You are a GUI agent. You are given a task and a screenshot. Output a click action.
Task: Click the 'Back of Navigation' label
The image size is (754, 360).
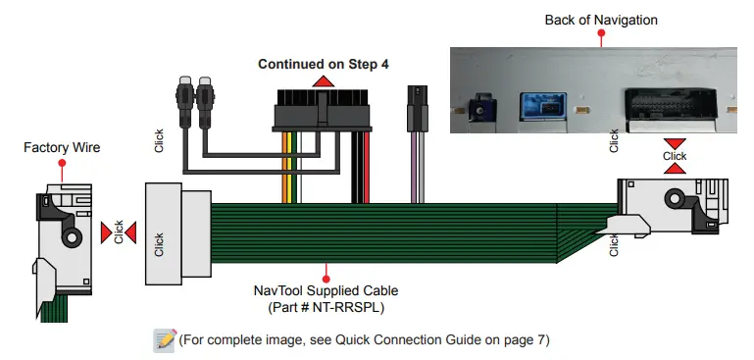point(601,20)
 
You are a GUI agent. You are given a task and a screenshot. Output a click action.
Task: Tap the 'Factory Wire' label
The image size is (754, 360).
point(60,149)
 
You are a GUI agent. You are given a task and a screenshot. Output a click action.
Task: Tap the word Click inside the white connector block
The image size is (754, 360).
point(160,245)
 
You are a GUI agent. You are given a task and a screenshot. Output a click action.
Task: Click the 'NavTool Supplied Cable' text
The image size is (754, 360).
point(325,291)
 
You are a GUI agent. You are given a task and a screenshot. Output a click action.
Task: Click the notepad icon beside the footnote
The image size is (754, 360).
point(164,340)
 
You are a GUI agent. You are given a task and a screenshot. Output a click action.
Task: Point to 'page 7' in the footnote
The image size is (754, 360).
point(526,340)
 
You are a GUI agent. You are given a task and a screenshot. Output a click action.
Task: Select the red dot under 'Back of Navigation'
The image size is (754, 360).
point(601,33)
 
